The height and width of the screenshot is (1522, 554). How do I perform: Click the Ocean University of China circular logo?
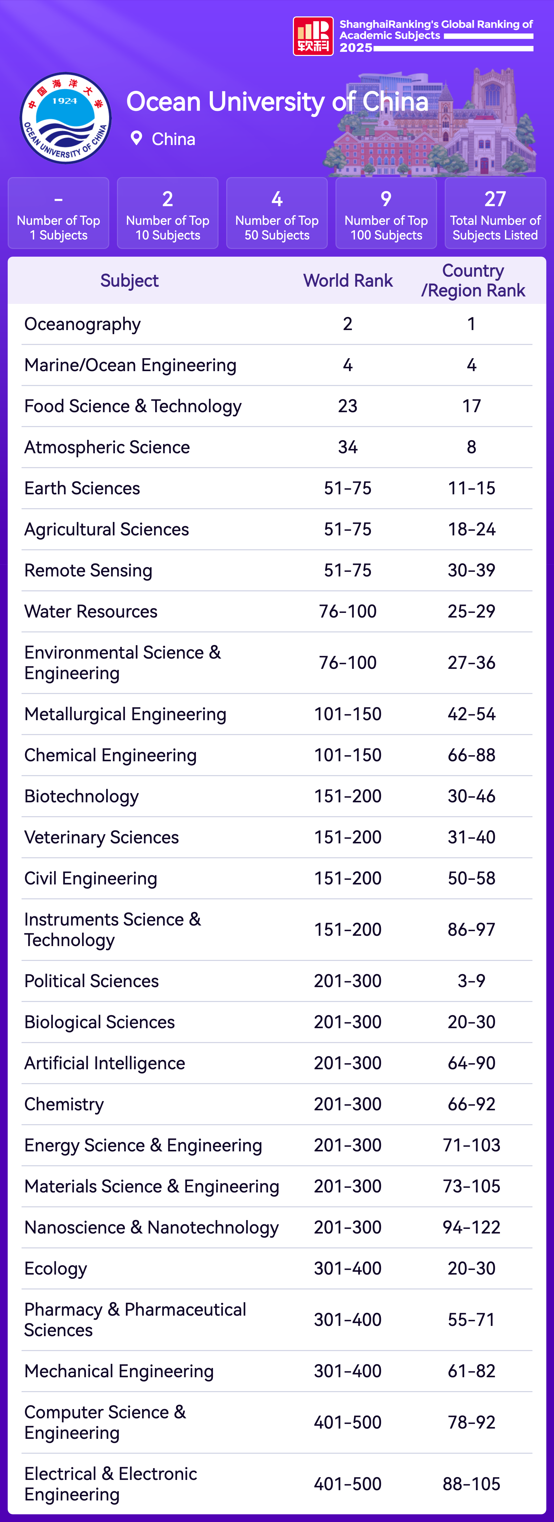66,118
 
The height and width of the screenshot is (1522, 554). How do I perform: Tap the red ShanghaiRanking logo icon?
313,36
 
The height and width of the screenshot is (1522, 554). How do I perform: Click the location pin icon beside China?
136,138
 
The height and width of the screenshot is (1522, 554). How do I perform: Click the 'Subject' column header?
129,281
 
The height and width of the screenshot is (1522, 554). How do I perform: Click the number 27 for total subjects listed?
495,199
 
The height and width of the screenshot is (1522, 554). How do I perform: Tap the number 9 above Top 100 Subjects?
386,199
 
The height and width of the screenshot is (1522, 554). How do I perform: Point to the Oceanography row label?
83,324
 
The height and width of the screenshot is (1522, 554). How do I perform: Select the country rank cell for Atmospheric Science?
471,447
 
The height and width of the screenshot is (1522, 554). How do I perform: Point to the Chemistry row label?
64,1104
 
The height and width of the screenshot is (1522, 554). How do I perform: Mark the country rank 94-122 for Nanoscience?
471,1228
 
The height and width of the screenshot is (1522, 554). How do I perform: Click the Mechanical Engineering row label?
119,1371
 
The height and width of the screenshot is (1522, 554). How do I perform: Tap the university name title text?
277,102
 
